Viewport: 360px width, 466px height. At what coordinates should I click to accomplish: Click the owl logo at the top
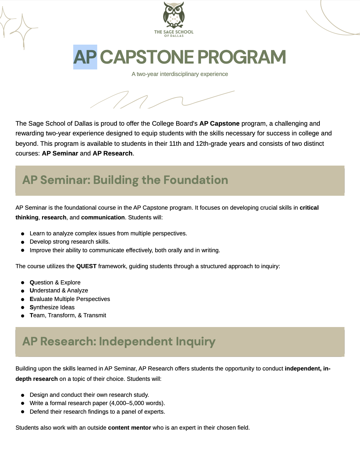tap(174, 15)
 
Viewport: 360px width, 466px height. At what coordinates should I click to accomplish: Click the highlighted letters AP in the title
tap(85, 57)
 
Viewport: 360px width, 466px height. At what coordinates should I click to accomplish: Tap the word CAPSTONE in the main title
tap(147, 57)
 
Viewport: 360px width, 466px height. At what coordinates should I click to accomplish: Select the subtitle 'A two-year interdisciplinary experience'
tap(180, 74)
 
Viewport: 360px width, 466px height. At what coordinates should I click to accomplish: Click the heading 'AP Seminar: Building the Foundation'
tap(125, 180)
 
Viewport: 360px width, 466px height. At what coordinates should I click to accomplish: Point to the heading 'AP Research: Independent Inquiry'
tap(119, 342)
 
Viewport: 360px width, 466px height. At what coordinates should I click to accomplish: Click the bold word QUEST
tap(86, 266)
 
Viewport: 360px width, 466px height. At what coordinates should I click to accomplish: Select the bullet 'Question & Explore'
tap(55, 282)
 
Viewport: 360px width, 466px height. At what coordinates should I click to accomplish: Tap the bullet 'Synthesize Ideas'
tap(52, 307)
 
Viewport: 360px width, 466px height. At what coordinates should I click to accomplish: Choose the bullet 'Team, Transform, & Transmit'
tap(68, 315)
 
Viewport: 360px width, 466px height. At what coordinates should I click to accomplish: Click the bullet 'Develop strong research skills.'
tap(70, 242)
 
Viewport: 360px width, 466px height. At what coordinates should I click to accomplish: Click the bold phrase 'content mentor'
tap(129, 428)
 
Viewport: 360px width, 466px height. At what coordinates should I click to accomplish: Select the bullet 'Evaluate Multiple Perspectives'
tap(70, 299)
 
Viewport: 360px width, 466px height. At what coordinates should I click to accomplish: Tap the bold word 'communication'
tap(103, 217)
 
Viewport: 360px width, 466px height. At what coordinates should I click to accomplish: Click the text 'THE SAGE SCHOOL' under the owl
tap(174, 32)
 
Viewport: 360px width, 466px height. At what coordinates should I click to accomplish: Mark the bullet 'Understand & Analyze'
tap(59, 290)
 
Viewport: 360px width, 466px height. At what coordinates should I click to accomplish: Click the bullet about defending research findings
tap(97, 412)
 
